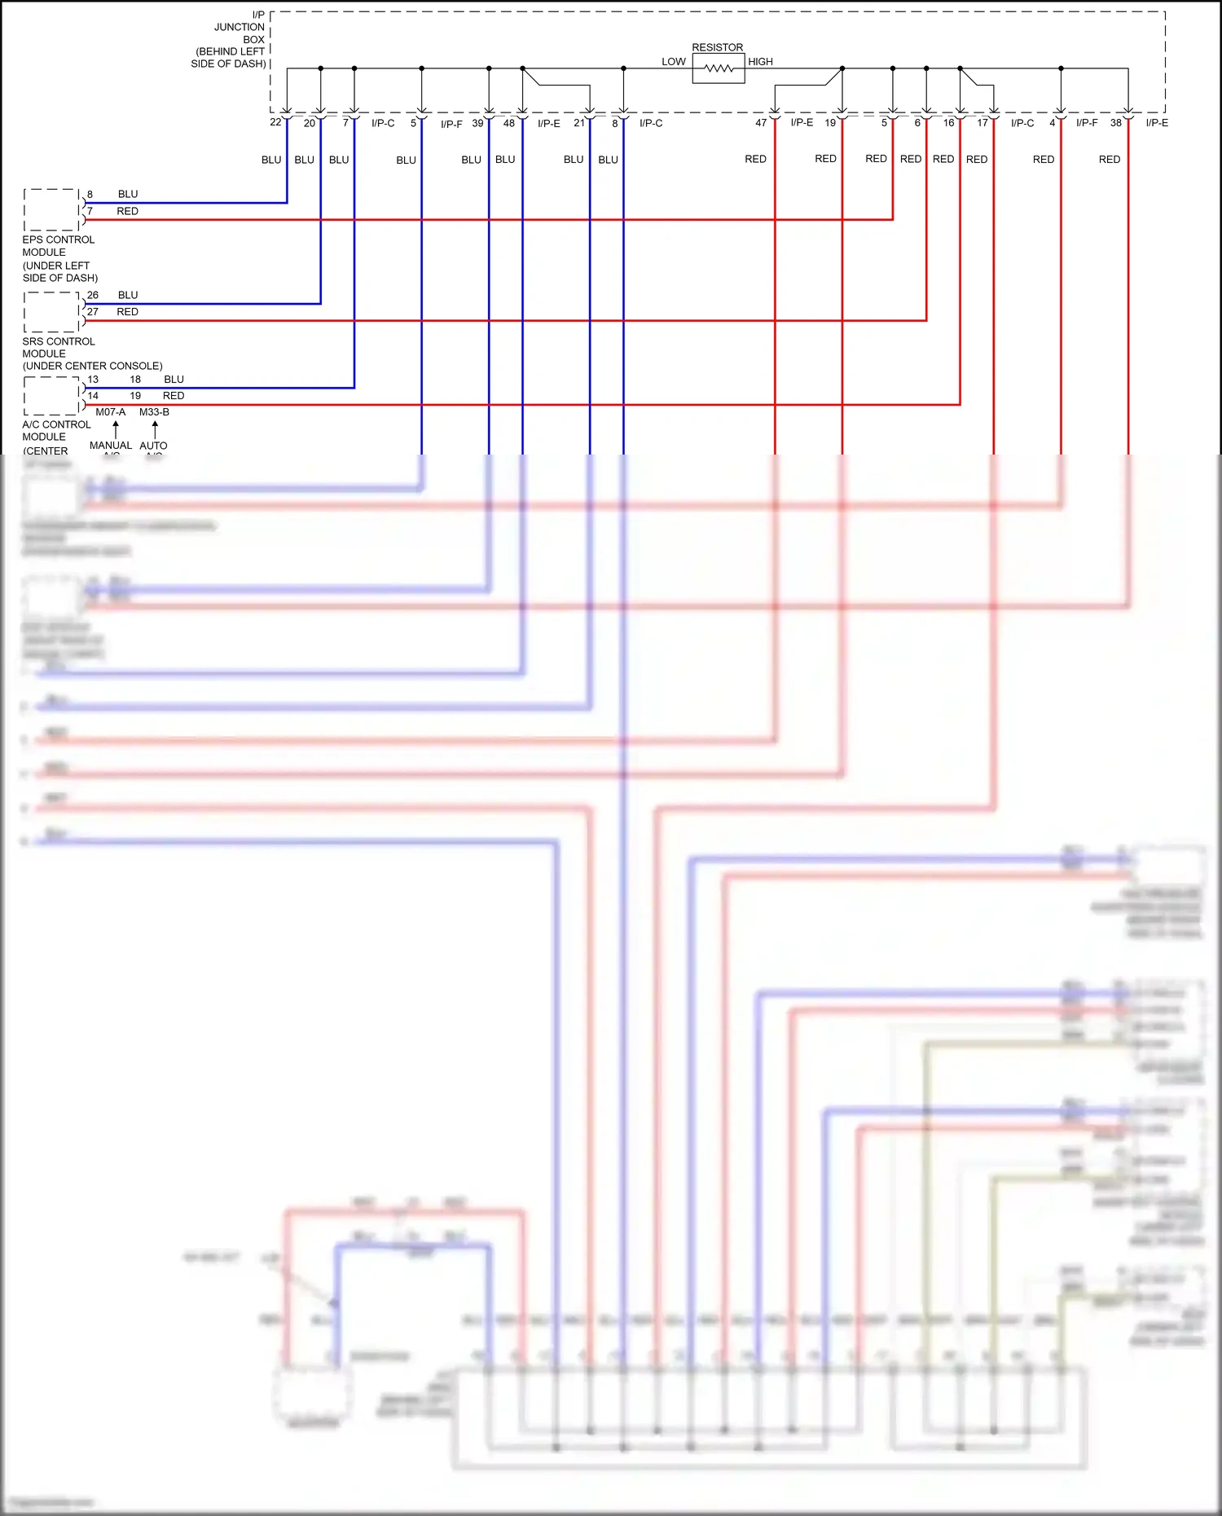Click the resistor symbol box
coord(718,69)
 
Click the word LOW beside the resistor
coord(673,62)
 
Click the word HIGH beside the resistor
coord(760,62)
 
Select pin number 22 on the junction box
coord(275,122)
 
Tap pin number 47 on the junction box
coord(761,123)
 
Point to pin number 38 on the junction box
coord(1115,123)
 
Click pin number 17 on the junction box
coord(982,123)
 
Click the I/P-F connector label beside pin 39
coord(451,125)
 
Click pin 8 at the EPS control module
coord(90,195)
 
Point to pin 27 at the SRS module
coord(93,312)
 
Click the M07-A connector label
coord(110,412)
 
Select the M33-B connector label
coord(154,412)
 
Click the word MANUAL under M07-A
coord(110,446)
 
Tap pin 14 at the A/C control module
coord(93,396)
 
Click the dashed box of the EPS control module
coord(51,210)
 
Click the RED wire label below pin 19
coord(825,159)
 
